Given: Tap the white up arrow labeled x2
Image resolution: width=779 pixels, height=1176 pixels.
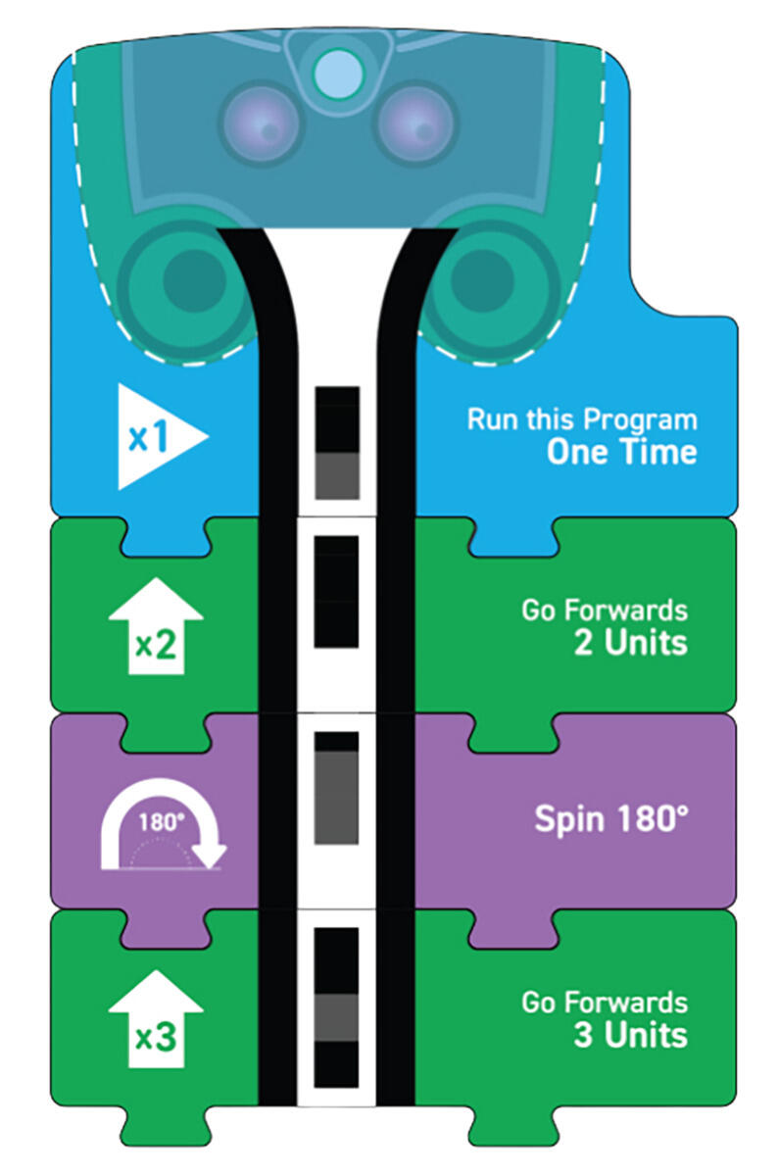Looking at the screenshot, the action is tap(156, 626).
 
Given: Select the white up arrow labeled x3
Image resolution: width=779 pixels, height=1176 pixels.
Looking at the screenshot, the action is tap(156, 1019).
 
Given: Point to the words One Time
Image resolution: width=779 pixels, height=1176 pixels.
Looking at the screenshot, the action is tap(622, 452).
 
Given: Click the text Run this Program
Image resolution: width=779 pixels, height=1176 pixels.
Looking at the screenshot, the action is tap(582, 419).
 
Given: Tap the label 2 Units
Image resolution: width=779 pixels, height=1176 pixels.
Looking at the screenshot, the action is tap(630, 643).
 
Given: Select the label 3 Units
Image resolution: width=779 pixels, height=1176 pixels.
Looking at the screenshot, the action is tap(630, 1035).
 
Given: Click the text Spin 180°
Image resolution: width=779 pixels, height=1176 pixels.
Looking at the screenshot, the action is tap(611, 819).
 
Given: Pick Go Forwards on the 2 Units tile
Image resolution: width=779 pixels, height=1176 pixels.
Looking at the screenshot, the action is tap(605, 611).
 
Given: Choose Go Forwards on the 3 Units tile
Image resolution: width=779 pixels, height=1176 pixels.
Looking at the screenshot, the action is tap(605, 1003).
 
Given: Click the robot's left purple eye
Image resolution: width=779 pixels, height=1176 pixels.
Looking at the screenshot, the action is tap(261, 123).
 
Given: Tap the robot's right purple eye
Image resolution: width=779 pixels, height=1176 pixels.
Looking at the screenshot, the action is tap(416, 123).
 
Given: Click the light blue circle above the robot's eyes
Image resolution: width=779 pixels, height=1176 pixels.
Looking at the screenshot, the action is tap(339, 74).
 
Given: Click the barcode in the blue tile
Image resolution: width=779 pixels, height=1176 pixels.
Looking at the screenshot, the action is tap(337, 443).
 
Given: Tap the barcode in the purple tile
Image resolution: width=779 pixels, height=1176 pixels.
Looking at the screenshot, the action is tap(336, 788).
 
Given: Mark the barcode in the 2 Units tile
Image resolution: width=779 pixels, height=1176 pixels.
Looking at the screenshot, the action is tap(336, 592).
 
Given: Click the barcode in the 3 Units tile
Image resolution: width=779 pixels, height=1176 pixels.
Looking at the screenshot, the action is tap(336, 1008).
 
